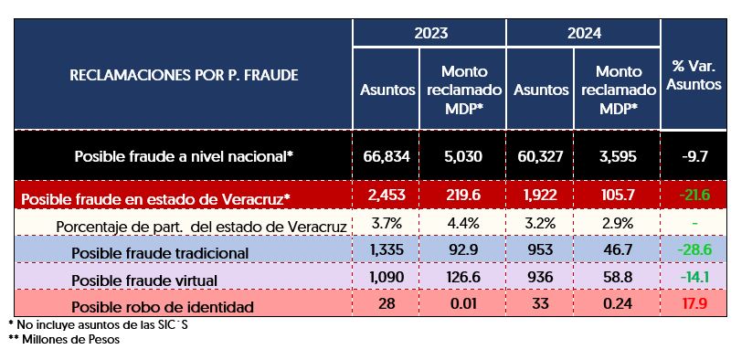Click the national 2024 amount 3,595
pyautogui.click(x=618, y=156)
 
